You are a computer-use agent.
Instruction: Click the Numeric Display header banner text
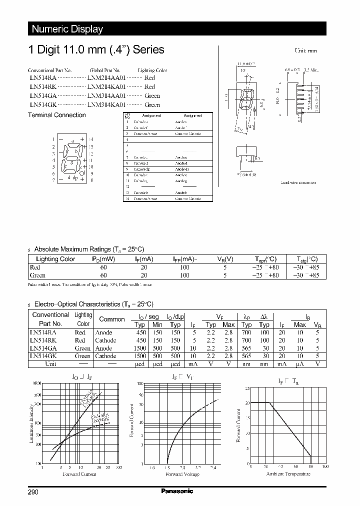67,29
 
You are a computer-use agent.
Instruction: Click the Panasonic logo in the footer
177,491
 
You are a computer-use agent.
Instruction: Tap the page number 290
33,492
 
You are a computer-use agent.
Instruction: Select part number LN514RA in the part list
42,78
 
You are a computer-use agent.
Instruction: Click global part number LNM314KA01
106,105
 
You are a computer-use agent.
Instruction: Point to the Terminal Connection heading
56,115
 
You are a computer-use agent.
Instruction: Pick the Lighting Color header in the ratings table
55,259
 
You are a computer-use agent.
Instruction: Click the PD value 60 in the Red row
103,267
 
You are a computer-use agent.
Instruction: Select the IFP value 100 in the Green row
184,275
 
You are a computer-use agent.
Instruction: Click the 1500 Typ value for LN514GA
141,348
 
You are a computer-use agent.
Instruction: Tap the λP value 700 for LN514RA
246,332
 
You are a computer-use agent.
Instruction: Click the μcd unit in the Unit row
141,364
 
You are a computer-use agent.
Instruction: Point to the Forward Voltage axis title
182,474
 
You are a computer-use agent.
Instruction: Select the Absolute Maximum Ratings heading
89,249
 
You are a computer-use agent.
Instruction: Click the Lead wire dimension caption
298,182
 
